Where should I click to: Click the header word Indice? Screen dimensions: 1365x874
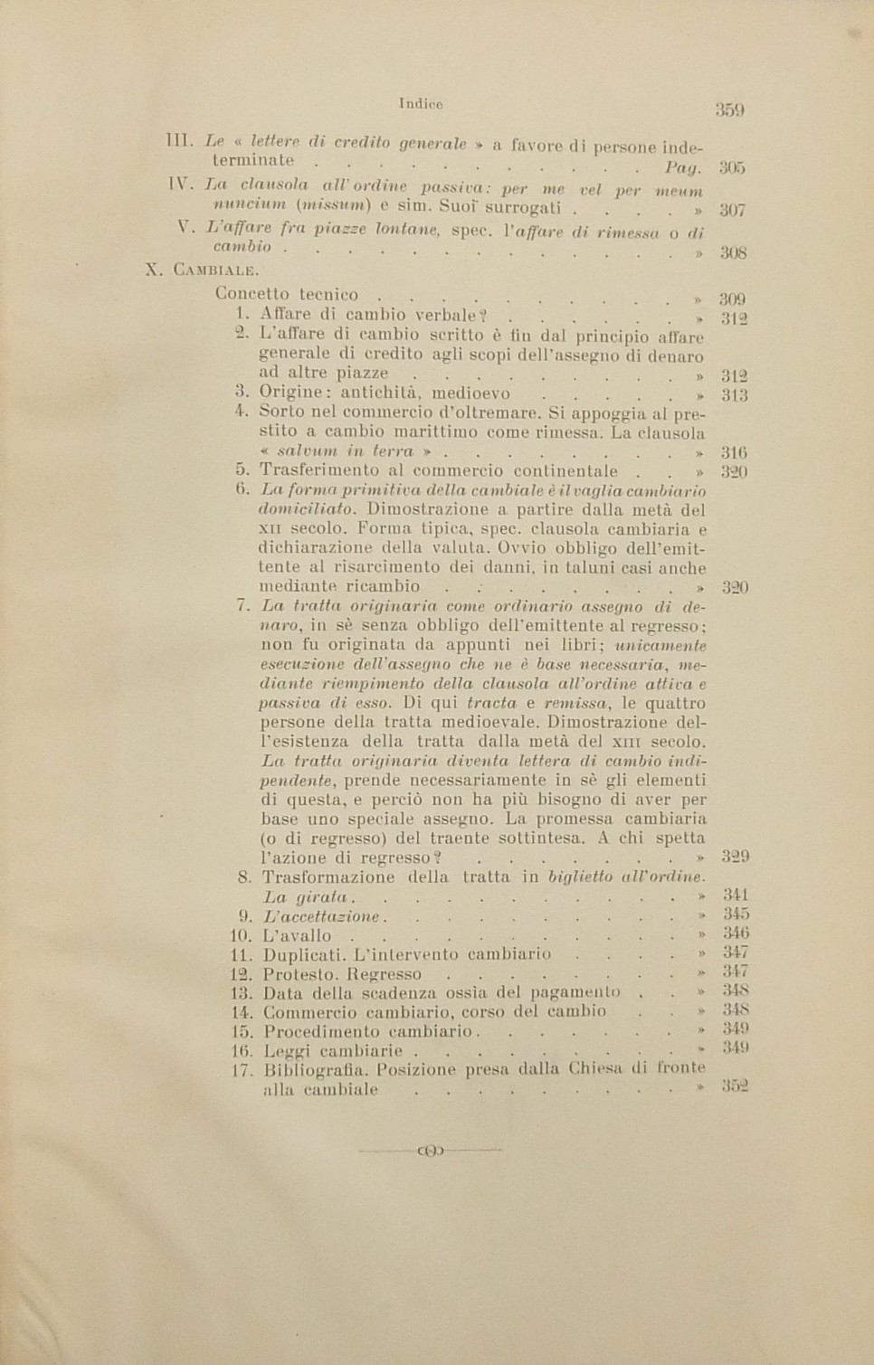[421, 104]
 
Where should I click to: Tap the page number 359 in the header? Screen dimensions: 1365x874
[729, 110]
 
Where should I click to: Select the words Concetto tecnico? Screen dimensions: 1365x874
[287, 294]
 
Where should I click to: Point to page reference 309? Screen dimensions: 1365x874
[732, 299]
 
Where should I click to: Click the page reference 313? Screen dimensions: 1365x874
[734, 395]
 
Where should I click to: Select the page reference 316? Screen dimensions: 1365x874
[734, 452]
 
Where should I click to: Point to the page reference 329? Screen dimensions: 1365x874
[736, 856]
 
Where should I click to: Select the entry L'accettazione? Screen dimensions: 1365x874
[321, 916]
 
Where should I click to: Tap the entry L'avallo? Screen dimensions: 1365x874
[298, 935]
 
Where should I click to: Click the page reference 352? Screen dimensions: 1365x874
[736, 1086]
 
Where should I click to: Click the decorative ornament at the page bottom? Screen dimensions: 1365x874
[430, 1151]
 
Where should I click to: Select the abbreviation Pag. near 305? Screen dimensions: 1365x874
[683, 167]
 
